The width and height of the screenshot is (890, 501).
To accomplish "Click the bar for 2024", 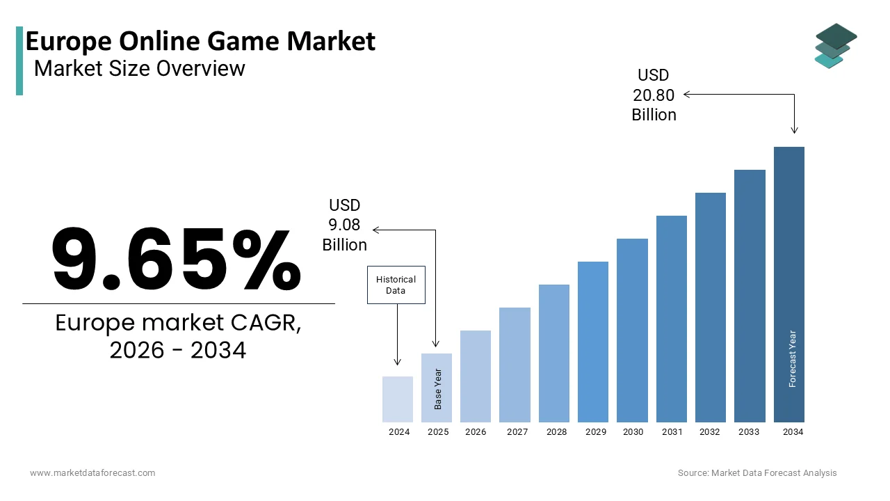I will [x=398, y=399].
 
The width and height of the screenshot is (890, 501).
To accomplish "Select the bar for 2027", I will [x=515, y=365].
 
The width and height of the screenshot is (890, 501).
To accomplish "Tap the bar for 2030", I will [x=632, y=331].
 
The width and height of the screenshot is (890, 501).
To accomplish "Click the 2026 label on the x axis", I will [x=476, y=432].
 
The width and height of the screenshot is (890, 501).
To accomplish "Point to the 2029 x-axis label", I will [x=595, y=432].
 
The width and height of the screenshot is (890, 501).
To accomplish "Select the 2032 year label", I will [x=710, y=432].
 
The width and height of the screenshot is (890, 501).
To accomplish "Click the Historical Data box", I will [x=396, y=285].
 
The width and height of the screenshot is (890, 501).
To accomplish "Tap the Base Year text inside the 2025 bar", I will [x=438, y=389].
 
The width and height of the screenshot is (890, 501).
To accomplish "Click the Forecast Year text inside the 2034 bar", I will [x=793, y=358].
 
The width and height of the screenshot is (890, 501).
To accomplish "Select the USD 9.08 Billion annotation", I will [x=344, y=225].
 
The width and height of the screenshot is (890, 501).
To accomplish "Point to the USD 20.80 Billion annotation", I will [x=654, y=95].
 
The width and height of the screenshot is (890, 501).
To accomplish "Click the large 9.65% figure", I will [x=177, y=259].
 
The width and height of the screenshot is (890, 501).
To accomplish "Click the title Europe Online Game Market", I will [x=200, y=42].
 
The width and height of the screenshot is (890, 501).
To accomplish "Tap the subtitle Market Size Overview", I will [x=140, y=68].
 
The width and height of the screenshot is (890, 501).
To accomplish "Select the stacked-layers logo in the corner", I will [x=836, y=45].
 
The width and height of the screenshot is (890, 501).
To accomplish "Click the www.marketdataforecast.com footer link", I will [x=92, y=473].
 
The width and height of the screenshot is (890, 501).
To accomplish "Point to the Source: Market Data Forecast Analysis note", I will [x=757, y=473].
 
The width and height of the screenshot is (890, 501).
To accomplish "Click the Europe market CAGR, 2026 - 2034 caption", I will [x=178, y=337].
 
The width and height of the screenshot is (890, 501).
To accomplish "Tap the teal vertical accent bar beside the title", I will [x=19, y=61].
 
